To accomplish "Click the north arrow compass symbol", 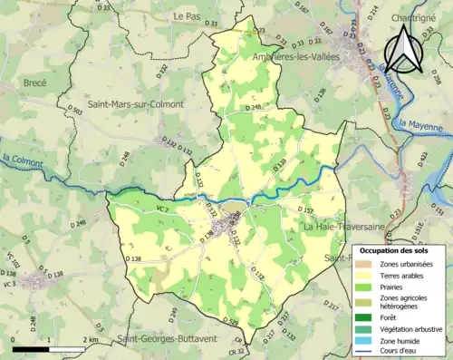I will point(400,48).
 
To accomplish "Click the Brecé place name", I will point(31,82).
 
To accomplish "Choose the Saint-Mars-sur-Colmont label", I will point(134,104).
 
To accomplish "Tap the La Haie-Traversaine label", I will point(343,226).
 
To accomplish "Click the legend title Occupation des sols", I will point(398,249).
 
